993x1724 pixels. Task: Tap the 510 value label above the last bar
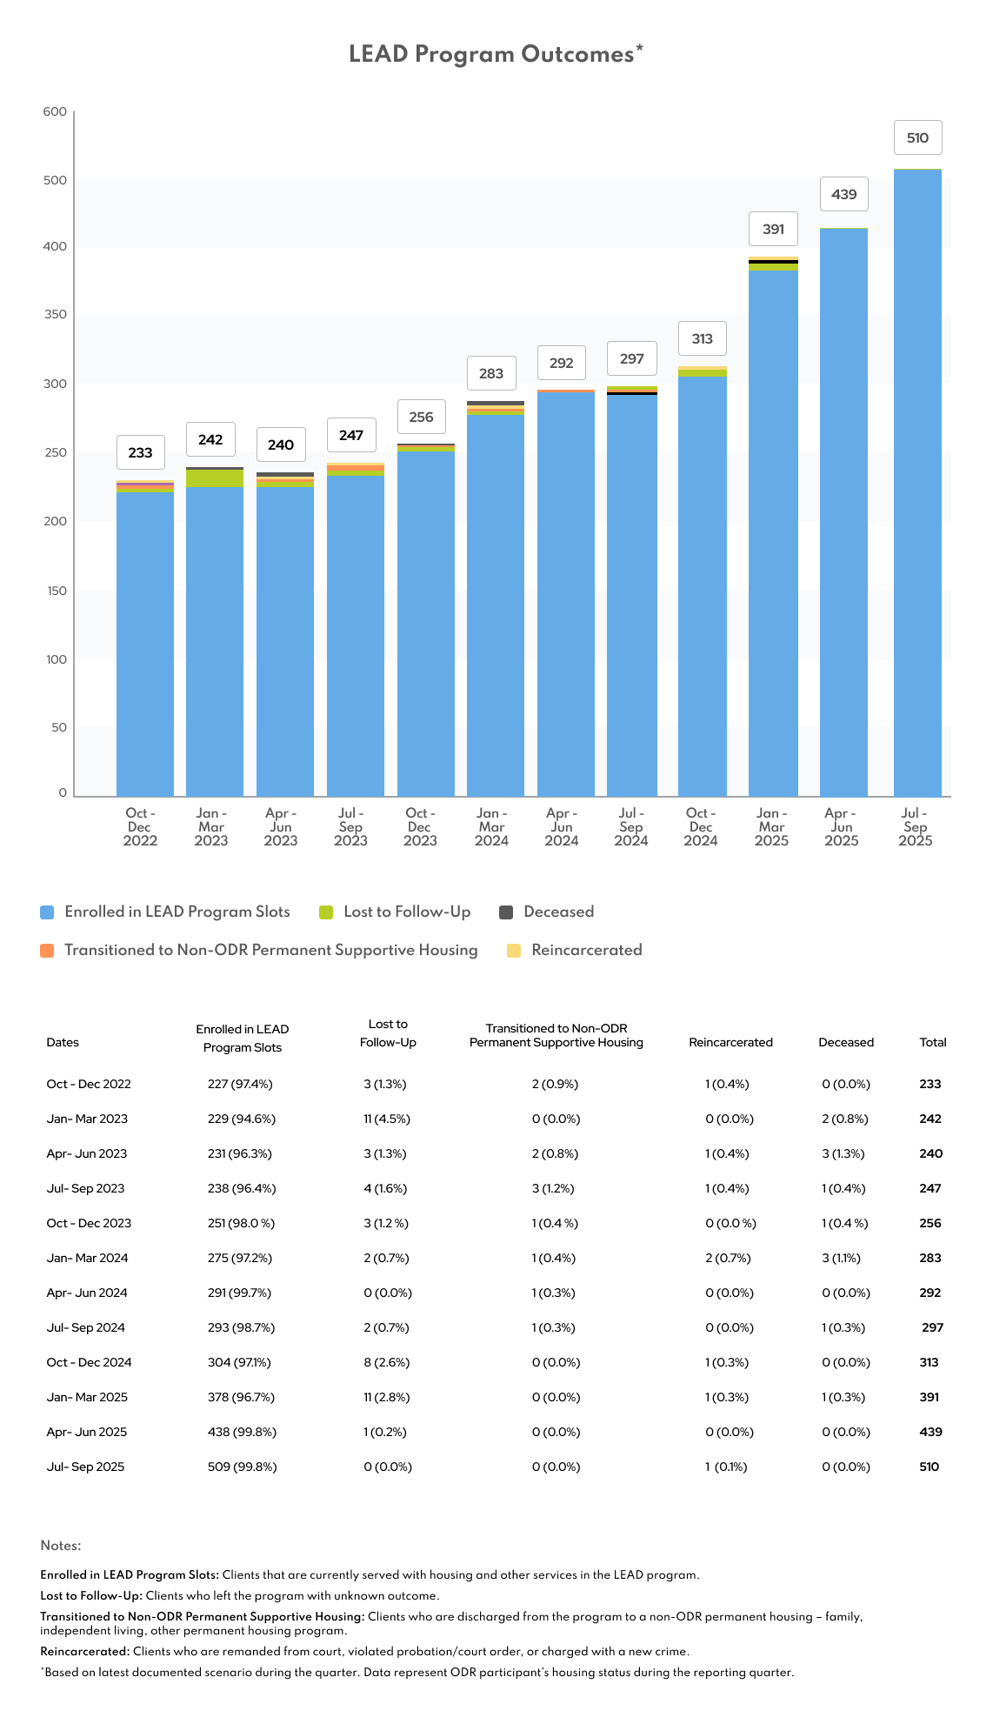pos(917,138)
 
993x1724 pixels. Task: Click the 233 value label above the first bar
pos(140,453)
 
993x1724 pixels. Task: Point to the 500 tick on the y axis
pos(55,181)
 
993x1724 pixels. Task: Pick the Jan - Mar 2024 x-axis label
pos(491,827)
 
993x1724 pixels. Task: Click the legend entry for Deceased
pos(558,912)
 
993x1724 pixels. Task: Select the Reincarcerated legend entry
pos(586,951)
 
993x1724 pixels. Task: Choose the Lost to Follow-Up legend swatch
pos(327,912)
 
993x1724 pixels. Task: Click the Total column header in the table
pos(933,1043)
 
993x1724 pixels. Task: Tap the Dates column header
pos(63,1043)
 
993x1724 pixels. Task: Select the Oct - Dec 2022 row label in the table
pos(89,1085)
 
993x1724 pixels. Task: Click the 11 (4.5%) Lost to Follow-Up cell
pos(387,1119)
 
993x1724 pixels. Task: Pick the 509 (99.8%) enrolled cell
pos(242,1467)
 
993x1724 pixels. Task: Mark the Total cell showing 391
pos(930,1398)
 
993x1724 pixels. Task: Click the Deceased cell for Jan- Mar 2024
pos(841,1259)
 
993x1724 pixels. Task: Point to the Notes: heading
pos(61,1546)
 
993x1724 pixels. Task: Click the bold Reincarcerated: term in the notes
pos(84,1652)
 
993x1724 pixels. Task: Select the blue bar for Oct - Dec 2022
pos(145,644)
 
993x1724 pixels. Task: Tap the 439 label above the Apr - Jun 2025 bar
pos(843,195)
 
